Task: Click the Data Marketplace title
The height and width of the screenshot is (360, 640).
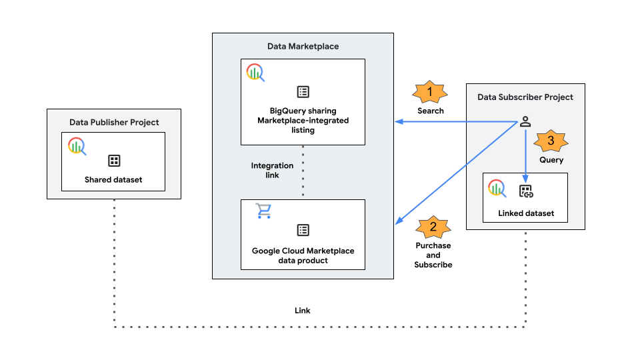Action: tap(303, 46)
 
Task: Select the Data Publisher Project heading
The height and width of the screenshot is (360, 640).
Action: tap(114, 122)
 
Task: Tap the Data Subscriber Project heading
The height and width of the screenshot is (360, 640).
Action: tap(525, 97)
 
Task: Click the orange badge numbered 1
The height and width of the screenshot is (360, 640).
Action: tap(430, 91)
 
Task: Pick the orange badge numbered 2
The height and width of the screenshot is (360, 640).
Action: tap(433, 227)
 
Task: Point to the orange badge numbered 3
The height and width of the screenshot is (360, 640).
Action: tap(551, 141)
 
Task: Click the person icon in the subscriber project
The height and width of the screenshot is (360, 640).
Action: tap(525, 121)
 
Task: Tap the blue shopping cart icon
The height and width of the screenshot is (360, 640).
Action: tap(264, 211)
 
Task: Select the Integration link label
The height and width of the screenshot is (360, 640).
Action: tap(271, 170)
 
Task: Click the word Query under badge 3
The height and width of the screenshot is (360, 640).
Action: tap(551, 160)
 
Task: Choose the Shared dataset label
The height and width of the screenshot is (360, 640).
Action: tap(113, 179)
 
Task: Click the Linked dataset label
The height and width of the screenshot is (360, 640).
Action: tap(525, 214)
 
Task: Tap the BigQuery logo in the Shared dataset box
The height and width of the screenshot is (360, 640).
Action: tap(77, 146)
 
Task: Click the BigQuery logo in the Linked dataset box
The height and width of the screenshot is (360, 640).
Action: tap(497, 188)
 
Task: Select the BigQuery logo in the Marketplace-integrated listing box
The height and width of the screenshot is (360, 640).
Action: tap(255, 73)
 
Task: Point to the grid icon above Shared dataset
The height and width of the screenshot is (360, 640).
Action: tap(114, 161)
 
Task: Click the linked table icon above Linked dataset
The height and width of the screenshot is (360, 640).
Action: tap(526, 192)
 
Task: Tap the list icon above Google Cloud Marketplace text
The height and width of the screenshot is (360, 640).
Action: tap(303, 230)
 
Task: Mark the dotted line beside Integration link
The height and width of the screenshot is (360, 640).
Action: tap(303, 171)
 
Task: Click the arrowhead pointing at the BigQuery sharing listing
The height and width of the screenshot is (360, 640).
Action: tap(399, 121)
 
